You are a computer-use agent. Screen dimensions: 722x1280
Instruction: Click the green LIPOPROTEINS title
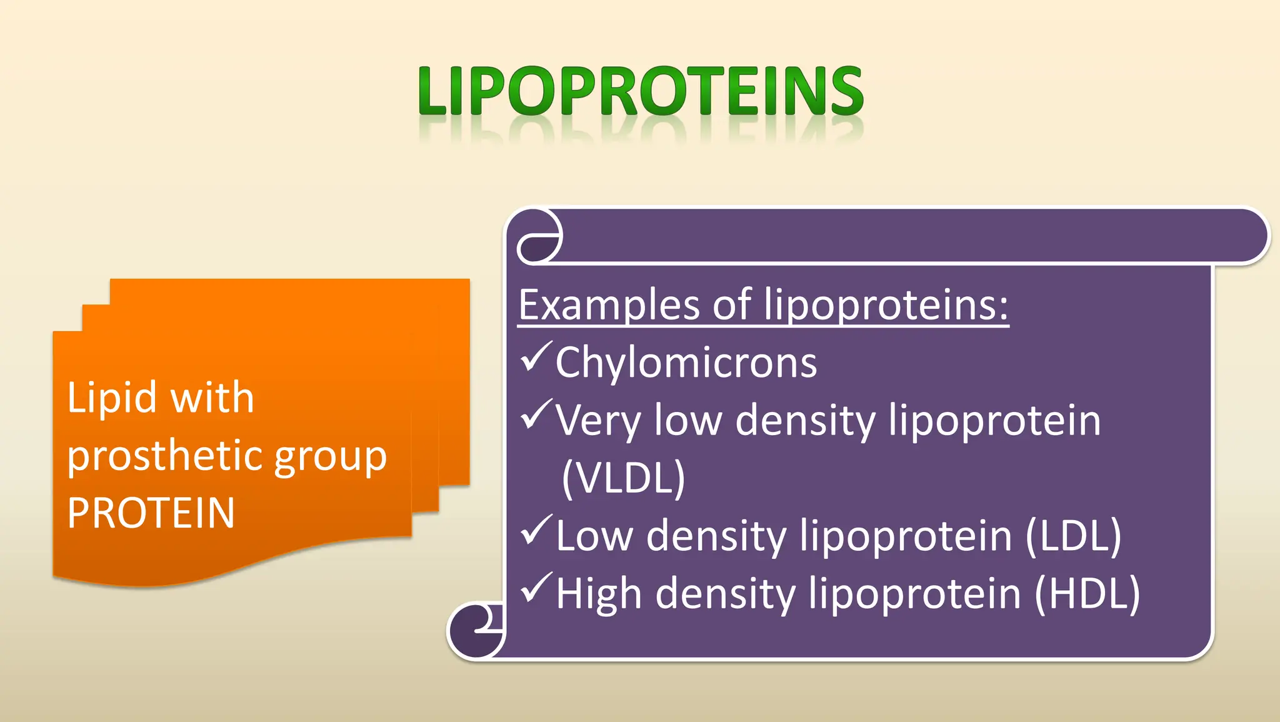(x=641, y=92)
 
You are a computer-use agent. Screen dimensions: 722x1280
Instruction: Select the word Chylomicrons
(x=686, y=363)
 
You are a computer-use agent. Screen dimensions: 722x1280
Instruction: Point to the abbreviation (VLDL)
(x=623, y=478)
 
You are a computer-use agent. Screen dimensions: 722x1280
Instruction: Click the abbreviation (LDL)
(x=1073, y=536)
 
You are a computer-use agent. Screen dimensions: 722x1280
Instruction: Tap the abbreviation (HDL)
(x=1087, y=593)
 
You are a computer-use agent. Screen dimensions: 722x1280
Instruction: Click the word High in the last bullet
(x=599, y=594)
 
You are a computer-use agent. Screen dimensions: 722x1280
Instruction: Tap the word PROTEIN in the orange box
(x=151, y=513)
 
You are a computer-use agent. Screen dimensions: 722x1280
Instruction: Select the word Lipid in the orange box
(x=111, y=398)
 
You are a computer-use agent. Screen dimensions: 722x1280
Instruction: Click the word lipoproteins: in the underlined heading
(x=886, y=305)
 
